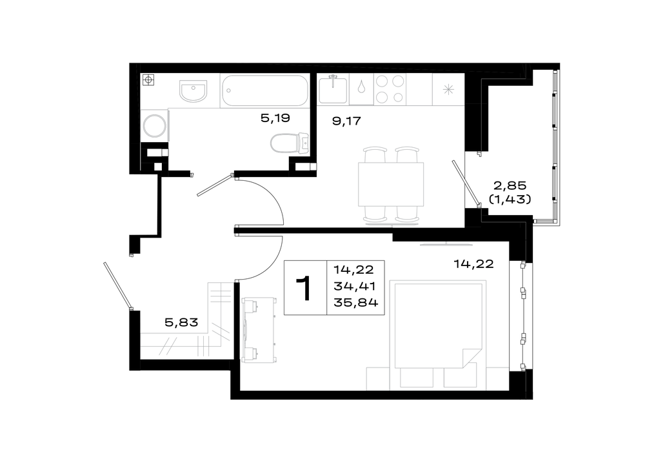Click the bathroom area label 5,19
275,118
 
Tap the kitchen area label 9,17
346,121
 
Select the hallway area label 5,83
181,322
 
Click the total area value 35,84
356,303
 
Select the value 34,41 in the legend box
355,286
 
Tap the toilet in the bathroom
290,143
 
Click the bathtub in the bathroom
265,90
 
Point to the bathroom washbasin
193,90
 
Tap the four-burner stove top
389,89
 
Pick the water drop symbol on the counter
361,87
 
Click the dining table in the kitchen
391,184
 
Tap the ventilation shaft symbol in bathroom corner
148,79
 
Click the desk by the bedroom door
259,330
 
